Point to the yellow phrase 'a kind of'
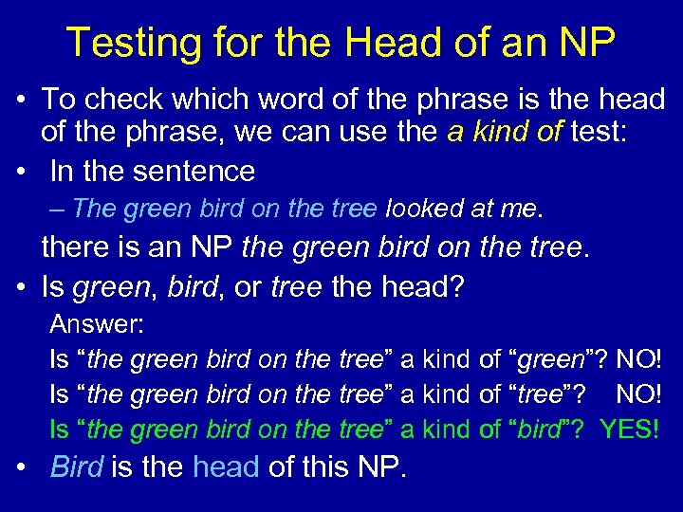tap(505, 132)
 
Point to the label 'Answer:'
tap(97, 324)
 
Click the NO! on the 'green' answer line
tap(638, 360)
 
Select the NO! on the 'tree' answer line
tap(638, 394)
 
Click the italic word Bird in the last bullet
tap(77, 466)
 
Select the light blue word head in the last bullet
tap(226, 466)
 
